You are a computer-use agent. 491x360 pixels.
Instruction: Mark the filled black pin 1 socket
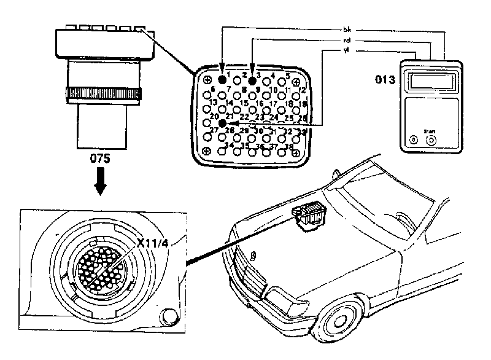[x=222, y=80]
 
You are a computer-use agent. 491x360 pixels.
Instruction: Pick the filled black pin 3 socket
[x=252, y=80]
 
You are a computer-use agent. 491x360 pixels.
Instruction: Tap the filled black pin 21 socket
[x=222, y=123]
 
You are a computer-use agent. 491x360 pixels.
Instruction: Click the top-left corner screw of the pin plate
[x=207, y=80]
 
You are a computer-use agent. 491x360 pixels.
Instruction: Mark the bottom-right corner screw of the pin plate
[x=296, y=151]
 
